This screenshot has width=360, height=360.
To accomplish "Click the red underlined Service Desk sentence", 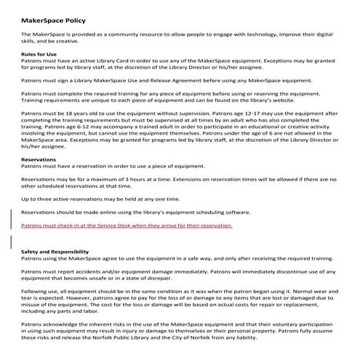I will tap(127, 226).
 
